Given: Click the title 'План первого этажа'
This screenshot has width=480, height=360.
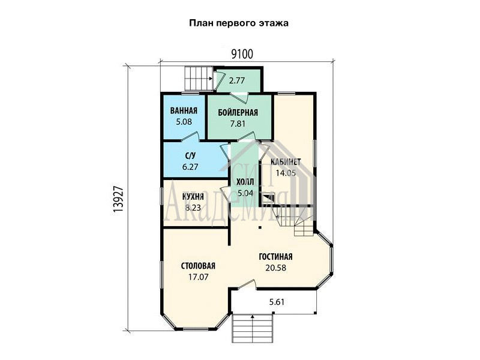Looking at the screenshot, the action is pos(239,23).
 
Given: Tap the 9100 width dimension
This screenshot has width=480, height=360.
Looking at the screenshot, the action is pos(242,54).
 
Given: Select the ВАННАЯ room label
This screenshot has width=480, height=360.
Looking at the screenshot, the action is pos(184,110).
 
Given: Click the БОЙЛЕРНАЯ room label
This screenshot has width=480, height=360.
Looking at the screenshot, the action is pos(238,113).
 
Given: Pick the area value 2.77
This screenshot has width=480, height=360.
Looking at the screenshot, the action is pos(237,80).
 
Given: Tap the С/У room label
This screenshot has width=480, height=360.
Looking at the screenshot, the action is pos(190,156).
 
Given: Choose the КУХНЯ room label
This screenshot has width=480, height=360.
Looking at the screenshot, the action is pos(193,197).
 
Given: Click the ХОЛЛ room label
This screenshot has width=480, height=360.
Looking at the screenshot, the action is pos(245,182).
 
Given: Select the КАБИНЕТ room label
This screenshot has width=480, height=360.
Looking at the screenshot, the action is pos(286,161).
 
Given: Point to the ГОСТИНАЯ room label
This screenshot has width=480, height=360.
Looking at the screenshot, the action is pos(275,257).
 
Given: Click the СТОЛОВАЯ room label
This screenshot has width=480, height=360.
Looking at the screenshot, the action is pos(198,266).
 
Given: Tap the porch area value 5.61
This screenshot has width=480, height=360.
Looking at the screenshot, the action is pos(277,302).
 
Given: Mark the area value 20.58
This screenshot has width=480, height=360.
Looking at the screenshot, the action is pos(276,268).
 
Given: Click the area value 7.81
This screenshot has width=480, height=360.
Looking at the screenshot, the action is pos(238,124).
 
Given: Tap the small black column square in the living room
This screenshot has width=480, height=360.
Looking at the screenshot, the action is pos(260,227).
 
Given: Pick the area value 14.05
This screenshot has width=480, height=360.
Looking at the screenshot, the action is pos(286,173).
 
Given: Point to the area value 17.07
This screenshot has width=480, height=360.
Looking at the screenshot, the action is pos(198,277).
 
